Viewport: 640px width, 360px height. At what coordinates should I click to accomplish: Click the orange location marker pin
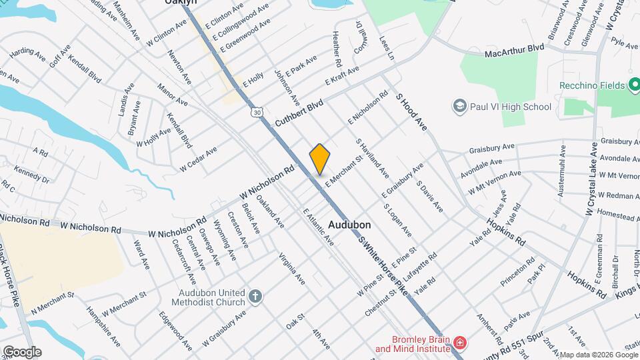pyautogui.click(x=319, y=159)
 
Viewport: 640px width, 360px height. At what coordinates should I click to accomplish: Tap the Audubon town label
pyautogui.click(x=349, y=225)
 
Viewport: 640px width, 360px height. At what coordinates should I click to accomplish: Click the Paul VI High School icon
pyautogui.click(x=459, y=107)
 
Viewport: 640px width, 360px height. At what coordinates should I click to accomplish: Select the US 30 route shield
pyautogui.click(x=257, y=113)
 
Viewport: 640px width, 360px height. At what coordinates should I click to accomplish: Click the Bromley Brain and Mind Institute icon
pyautogui.click(x=459, y=343)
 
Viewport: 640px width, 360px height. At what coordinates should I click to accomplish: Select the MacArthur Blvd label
pyautogui.click(x=514, y=49)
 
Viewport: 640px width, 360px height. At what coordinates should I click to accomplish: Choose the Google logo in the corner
pyautogui.click(x=21, y=351)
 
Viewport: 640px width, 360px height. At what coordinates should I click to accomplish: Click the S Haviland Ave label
pyautogui.click(x=372, y=158)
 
